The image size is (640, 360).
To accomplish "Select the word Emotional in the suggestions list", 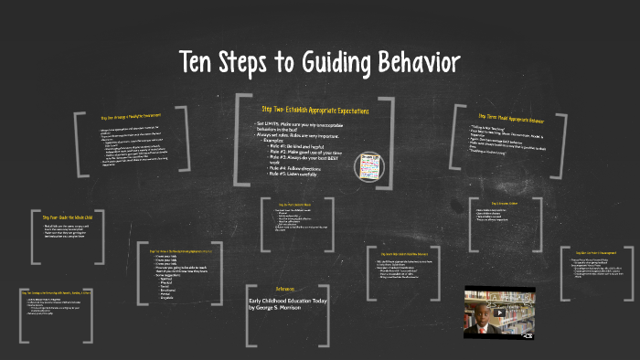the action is pos(166,291).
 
